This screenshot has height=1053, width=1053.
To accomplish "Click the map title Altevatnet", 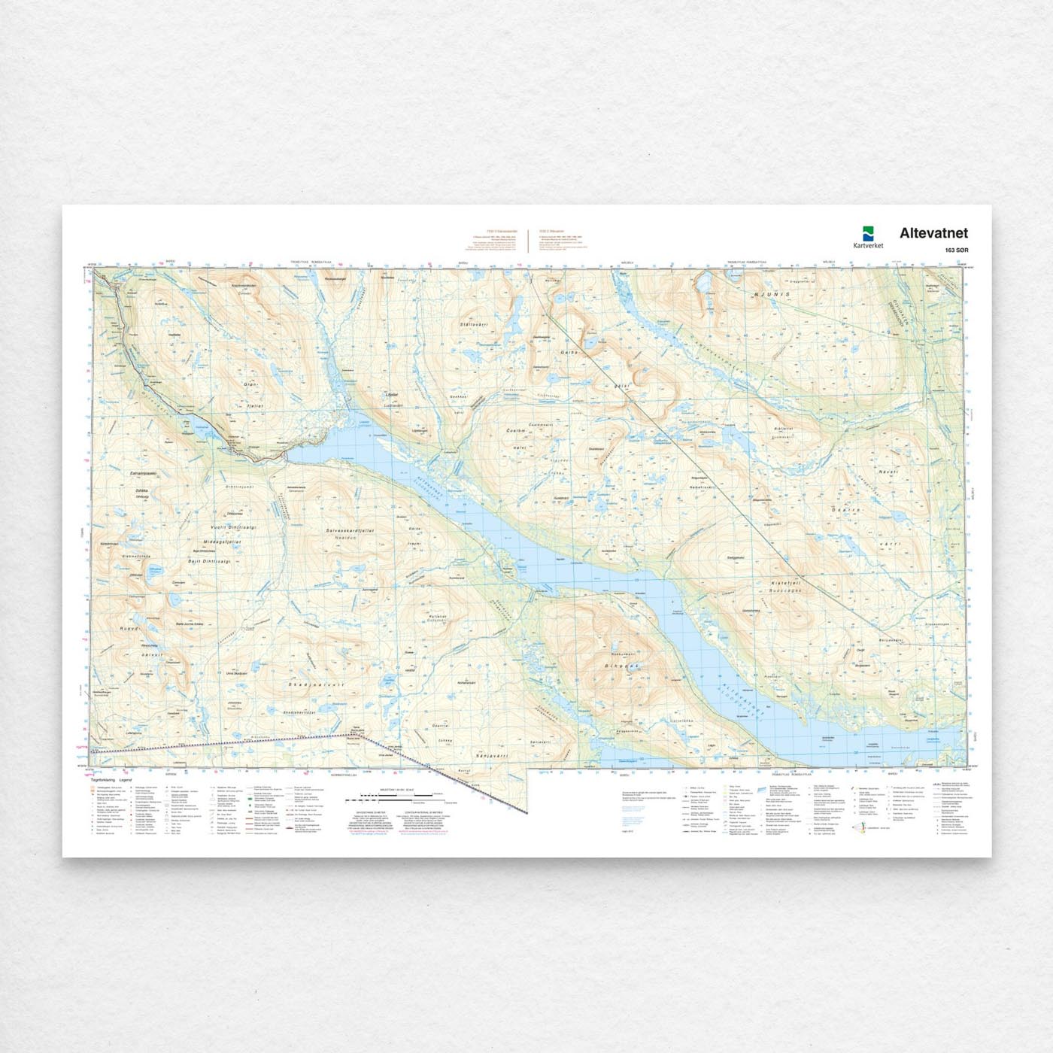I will pyautogui.click(x=933, y=233).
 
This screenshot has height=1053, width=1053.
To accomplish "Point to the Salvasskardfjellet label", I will pyautogui.click(x=350, y=530).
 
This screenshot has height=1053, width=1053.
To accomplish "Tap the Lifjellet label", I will pyautogui.click(x=391, y=394).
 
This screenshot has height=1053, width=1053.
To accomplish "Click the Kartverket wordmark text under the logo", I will pyautogui.click(x=869, y=245).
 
